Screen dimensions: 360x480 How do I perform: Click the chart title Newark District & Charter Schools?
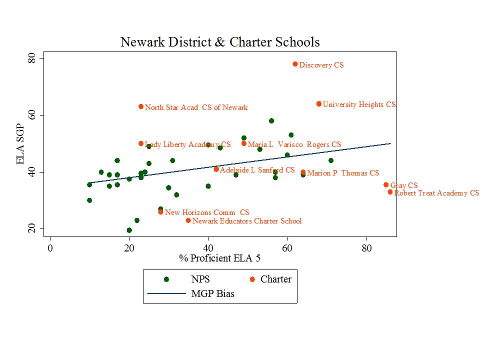coord(220,42)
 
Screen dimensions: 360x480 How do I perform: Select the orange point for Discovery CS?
coord(295,64)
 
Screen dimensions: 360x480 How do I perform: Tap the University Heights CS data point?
coord(319,104)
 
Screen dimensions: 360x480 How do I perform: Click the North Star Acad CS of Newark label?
coord(196,107)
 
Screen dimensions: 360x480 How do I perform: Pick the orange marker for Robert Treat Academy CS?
coord(390,192)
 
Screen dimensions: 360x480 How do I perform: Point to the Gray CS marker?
coord(386,185)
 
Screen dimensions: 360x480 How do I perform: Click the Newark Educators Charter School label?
coord(247,221)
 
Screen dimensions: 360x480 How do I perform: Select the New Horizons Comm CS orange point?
coord(160,212)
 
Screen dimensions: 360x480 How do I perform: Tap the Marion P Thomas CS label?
coord(343,173)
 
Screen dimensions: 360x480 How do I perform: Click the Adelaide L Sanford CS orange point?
coord(216,169)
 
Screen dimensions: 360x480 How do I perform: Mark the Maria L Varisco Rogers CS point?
coord(244,143)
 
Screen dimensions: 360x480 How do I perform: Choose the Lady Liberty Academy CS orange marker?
coord(141,143)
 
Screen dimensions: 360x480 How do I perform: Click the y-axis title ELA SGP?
coord(21,144)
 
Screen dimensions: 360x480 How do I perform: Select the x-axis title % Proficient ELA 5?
coord(219,258)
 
